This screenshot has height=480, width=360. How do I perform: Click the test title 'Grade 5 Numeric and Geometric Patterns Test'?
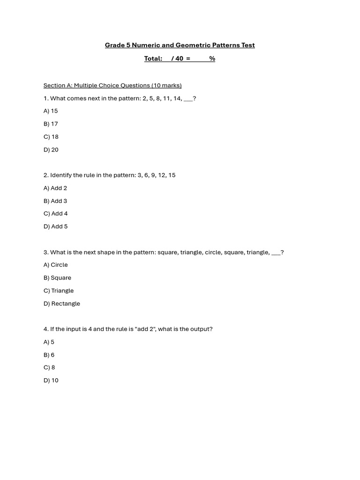point(180,45)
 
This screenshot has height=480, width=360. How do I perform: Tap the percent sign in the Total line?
point(212,59)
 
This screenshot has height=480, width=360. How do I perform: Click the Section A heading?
point(112,85)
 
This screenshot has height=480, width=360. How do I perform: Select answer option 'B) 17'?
point(51,124)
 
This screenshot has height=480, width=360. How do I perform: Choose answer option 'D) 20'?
point(51,150)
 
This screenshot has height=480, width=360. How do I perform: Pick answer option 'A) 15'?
point(51,111)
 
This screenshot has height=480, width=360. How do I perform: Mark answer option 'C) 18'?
point(51,137)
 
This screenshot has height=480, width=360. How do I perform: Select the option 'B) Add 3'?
point(55,201)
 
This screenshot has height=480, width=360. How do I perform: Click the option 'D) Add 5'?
point(55,226)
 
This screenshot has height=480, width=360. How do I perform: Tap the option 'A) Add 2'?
point(55,188)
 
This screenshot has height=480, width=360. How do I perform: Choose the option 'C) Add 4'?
point(55,214)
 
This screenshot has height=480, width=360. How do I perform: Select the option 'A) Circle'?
point(55,265)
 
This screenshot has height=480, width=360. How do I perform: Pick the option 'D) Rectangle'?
point(62,303)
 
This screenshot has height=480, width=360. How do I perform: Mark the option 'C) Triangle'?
point(59,291)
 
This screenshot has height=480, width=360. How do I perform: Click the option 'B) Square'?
point(57,277)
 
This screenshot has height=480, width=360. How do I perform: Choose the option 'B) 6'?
point(49,355)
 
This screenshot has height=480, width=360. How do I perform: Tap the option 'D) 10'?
point(51,380)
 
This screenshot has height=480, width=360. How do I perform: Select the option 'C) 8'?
point(49,367)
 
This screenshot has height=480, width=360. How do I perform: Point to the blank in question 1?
point(188,99)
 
